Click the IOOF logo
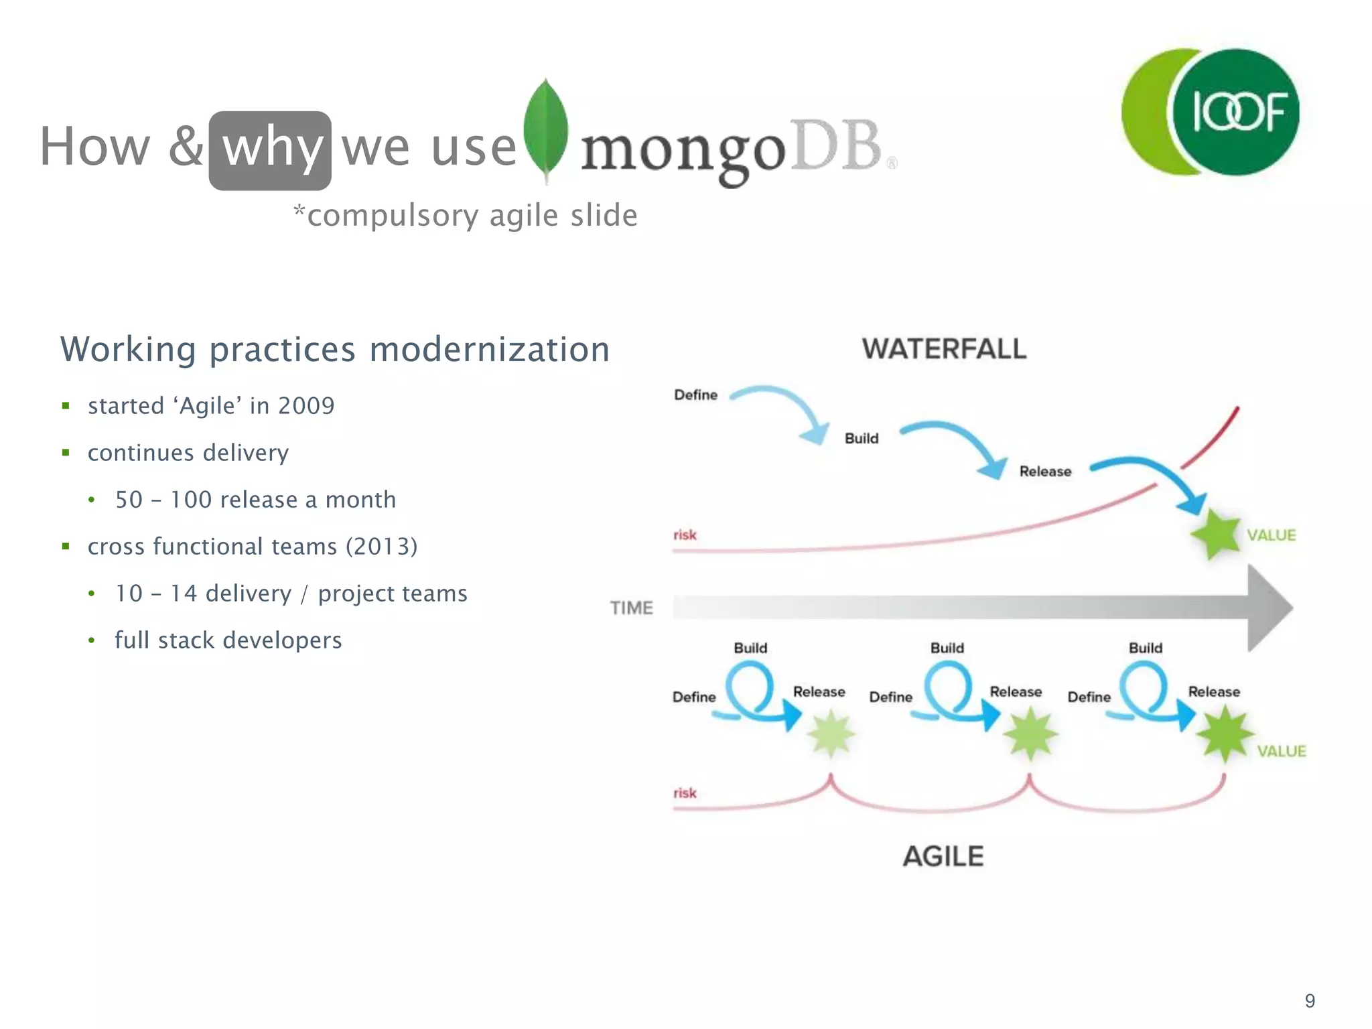coord(1211,112)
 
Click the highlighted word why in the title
coord(271,149)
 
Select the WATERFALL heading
coord(943,349)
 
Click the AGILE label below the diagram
coord(943,856)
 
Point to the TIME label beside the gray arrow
coord(631,608)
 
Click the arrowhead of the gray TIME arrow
coord(1270,608)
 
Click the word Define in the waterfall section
coord(695,395)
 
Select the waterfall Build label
coord(861,439)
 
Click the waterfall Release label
coord(1044,472)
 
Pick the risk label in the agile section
coord(685,793)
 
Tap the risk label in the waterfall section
coord(685,535)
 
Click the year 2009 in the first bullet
coord(306,406)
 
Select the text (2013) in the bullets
coord(381,547)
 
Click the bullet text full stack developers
coord(228,640)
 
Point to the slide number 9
coord(1310,1001)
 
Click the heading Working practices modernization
coord(335,349)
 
